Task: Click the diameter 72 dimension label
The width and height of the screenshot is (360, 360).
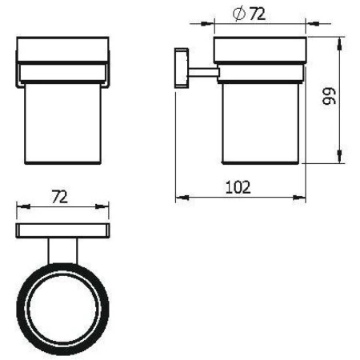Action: (251, 14)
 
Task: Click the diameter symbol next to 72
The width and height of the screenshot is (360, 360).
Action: (237, 14)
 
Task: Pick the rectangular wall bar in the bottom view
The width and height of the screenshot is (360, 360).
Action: (62, 231)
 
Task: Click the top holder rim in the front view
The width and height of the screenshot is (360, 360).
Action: (62, 52)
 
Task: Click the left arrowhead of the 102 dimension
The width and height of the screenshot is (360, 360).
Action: (178, 197)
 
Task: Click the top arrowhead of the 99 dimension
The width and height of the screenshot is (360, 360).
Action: (342, 39)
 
